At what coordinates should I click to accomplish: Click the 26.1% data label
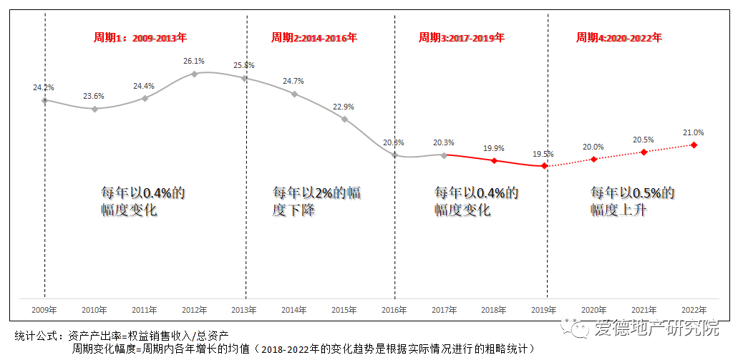coord(194,61)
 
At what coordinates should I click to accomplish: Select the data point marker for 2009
coord(44,100)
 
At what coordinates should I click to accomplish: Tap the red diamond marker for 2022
coord(694,145)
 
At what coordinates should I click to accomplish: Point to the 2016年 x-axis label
coord(394,310)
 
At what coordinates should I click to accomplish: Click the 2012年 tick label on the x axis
coord(194,310)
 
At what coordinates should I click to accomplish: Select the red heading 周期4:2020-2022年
coord(619,37)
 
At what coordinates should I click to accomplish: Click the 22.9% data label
coord(344,107)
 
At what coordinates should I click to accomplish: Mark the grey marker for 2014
coord(294,94)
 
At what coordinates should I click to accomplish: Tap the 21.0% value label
coord(694,132)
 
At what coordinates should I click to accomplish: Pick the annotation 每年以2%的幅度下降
coord(316,201)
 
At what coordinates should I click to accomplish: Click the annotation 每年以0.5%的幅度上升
coord(632,201)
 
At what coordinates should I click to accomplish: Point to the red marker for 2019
coord(544,166)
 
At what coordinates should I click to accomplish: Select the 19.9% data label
coord(493,148)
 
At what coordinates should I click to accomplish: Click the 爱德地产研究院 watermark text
coord(656,329)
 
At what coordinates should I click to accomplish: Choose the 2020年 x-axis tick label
coord(593,310)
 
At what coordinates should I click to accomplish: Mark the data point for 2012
coord(194,74)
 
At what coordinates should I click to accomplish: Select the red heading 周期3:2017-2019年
coord(461,37)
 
